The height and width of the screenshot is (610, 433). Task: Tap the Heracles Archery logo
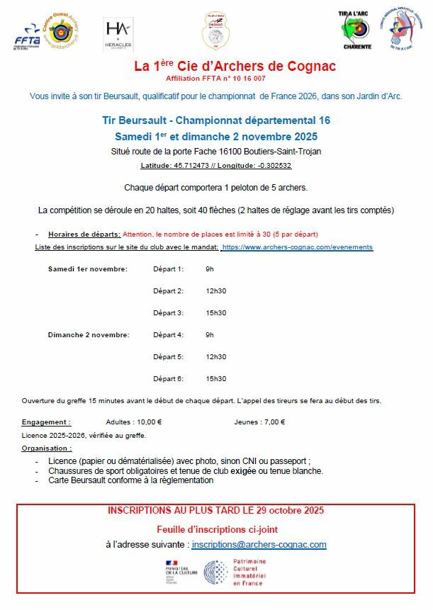coord(118,33)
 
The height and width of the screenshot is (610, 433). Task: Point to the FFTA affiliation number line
coord(216,79)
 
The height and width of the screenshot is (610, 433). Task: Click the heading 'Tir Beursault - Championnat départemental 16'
coord(216,120)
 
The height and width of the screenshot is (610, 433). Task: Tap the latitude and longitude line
coord(216,165)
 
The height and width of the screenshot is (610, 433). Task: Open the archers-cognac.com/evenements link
coord(298,247)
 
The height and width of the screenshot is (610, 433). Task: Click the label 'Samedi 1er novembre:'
coord(88,269)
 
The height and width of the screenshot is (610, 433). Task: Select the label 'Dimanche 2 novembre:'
coord(89,335)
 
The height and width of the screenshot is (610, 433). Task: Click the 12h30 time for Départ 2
coord(215,291)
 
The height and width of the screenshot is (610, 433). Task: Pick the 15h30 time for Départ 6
coord(215,379)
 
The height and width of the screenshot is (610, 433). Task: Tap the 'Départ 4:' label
coord(168,335)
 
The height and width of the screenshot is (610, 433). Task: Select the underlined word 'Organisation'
coord(46,448)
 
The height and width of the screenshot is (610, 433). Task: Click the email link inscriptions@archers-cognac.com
coord(259,545)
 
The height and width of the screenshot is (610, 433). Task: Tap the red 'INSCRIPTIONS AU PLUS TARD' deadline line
coord(216,511)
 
